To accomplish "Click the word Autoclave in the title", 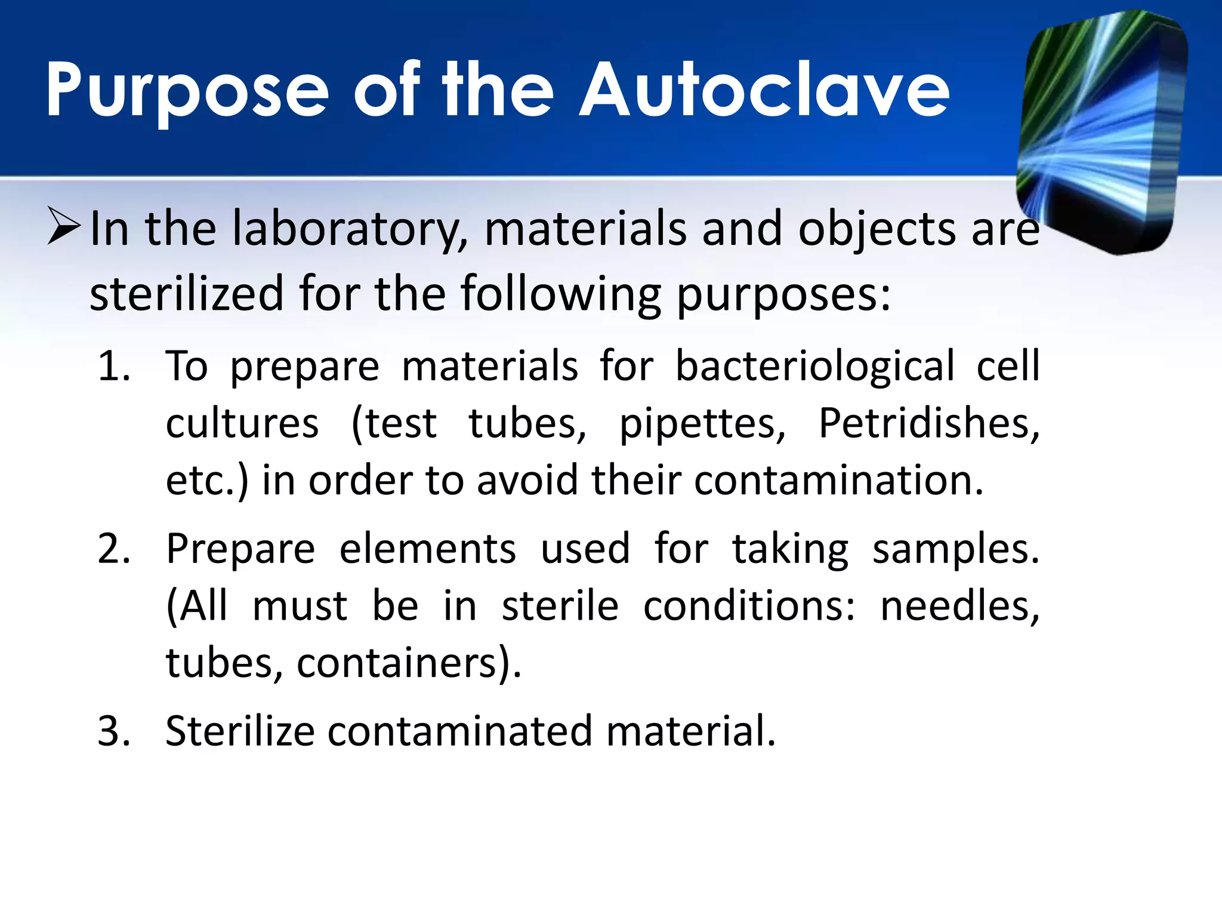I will [765, 91].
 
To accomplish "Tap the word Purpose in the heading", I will [187, 91].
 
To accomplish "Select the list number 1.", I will [113, 366].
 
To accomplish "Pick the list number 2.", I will [113, 549].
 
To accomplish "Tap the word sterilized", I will [187, 294].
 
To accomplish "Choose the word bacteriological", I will [815, 366].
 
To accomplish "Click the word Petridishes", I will [928, 423].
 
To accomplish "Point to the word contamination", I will [838, 481].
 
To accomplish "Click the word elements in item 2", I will [427, 549].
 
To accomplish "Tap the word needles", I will [959, 607].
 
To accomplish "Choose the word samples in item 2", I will [955, 550].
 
